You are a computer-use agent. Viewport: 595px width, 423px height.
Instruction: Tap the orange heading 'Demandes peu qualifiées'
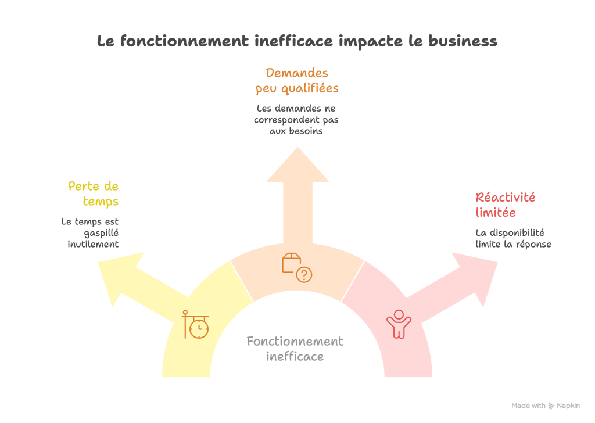[x=297, y=81]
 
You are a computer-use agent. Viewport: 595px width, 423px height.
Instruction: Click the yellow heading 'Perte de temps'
[x=94, y=194]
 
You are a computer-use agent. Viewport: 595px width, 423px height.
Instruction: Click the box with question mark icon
[x=297, y=267]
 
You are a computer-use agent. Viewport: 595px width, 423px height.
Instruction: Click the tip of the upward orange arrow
[x=297, y=147]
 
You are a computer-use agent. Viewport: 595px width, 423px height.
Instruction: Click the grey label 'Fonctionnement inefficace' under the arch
[x=295, y=349]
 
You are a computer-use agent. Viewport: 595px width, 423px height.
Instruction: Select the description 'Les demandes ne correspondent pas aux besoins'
[x=296, y=120]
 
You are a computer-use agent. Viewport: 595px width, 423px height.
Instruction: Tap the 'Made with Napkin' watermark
[x=546, y=406]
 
